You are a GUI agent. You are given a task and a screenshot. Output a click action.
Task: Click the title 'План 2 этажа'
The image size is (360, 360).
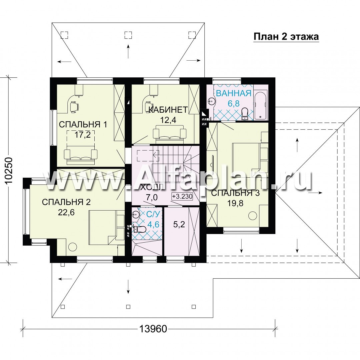286,37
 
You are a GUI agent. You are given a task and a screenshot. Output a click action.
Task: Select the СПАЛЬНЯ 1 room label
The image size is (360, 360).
83,125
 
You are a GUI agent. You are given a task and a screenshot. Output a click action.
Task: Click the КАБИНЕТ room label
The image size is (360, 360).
168,110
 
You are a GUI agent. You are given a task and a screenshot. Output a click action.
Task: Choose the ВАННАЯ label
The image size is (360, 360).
234,93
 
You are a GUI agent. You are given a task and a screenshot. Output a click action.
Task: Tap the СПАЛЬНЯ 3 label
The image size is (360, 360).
235,193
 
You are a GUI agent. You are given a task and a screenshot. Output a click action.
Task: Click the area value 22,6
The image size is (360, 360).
66,213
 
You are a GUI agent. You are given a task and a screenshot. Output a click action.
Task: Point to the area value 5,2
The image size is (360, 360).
179,224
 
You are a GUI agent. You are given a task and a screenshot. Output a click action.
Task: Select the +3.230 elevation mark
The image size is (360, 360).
182,197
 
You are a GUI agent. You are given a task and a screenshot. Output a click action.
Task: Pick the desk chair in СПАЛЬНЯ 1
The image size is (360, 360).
74,107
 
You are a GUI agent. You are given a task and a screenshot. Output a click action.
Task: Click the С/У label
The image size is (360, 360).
152,214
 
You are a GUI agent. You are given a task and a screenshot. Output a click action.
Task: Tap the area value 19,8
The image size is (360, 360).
235,203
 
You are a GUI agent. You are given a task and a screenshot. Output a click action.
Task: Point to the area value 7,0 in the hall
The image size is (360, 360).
152,197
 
